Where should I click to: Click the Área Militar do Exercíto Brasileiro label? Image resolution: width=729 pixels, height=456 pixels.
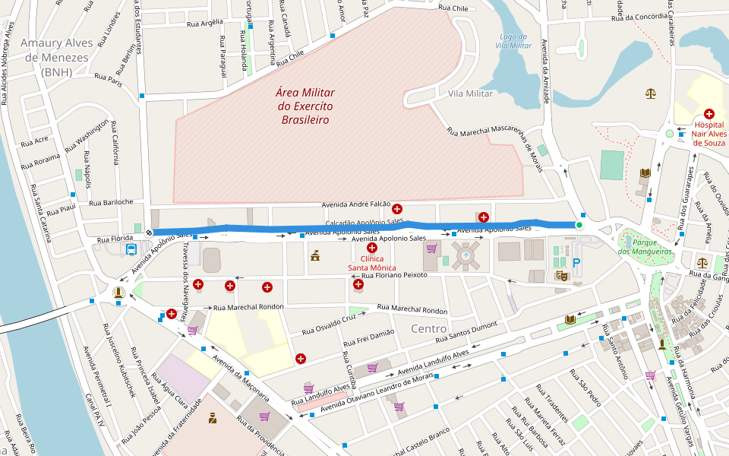pos(305,106)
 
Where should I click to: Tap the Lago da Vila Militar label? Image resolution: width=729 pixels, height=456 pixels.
pos(513,41)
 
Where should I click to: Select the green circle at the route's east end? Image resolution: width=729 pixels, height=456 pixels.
pos(579,225)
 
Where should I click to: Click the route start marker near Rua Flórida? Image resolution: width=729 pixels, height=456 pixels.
pos(149,232)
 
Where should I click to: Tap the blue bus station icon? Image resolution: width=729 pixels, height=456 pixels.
pos(131,249)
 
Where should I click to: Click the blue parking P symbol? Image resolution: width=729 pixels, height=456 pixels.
pos(576,262)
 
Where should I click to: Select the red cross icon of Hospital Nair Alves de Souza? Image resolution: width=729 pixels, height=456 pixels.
pos(708,113)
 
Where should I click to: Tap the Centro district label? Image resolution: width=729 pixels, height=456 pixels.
pos(428,328)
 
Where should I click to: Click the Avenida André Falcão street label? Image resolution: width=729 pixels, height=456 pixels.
pos(356,204)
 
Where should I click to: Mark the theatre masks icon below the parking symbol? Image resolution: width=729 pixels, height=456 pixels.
pos(562,277)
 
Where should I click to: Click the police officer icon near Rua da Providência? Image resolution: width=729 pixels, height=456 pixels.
pos(213,416)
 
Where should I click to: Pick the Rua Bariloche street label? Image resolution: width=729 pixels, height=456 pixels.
pos(111,202)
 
